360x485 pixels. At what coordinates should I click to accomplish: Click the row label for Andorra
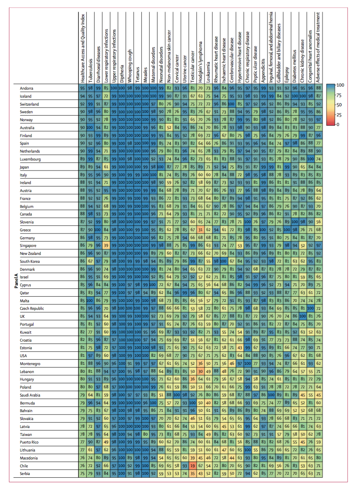coord(27,88)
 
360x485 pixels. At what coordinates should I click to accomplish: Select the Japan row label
coord(24,167)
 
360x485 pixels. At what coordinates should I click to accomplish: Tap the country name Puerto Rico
coord(29,442)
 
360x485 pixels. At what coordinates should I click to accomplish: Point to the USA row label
coord(23,356)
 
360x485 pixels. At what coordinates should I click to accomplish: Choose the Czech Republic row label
coord(32,308)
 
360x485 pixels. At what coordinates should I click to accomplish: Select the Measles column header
coord(145,75)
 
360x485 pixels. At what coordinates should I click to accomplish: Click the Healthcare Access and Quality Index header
coord(83,48)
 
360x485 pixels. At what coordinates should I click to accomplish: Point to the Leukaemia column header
coord(208,72)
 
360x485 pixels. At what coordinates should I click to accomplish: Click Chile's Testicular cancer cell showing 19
coord(192,466)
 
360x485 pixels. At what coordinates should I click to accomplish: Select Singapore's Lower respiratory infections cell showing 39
coord(106,246)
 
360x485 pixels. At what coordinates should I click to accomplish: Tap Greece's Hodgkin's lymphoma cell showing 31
coord(200,230)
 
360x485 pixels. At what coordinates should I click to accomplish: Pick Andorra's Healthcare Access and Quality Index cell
coord(83,88)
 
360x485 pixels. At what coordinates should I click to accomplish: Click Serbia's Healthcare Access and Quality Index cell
coord(83,474)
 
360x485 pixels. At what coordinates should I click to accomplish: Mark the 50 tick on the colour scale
coord(339,105)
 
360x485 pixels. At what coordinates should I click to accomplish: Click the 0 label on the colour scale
coord(338,124)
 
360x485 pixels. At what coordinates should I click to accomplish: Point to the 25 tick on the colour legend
coord(339,115)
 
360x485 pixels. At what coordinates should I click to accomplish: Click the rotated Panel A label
coord(16,281)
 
